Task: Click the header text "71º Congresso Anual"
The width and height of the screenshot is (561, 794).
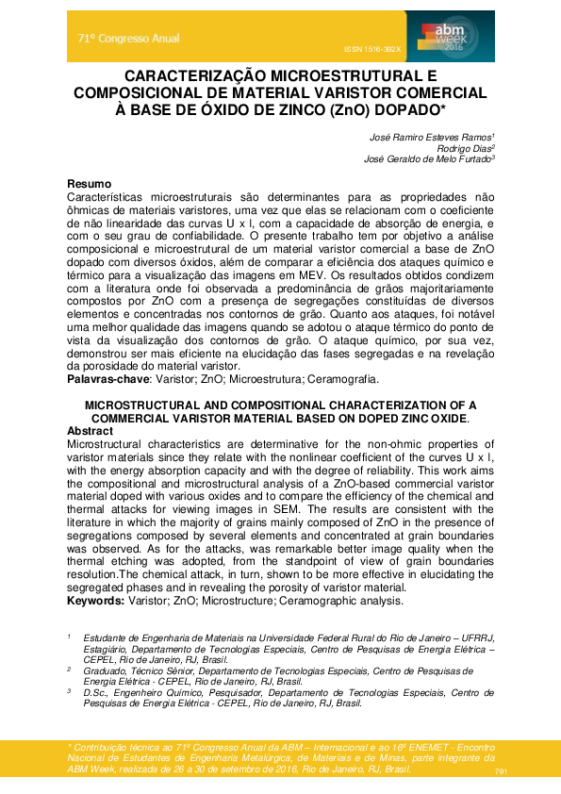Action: [x=128, y=39]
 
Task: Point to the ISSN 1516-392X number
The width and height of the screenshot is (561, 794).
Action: [x=371, y=48]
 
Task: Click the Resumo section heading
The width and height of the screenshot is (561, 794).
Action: [x=90, y=183]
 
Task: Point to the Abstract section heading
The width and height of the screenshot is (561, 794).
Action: [x=90, y=429]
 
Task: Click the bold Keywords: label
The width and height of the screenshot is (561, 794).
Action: [x=96, y=600]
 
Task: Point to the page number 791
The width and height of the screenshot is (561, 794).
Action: [x=501, y=772]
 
